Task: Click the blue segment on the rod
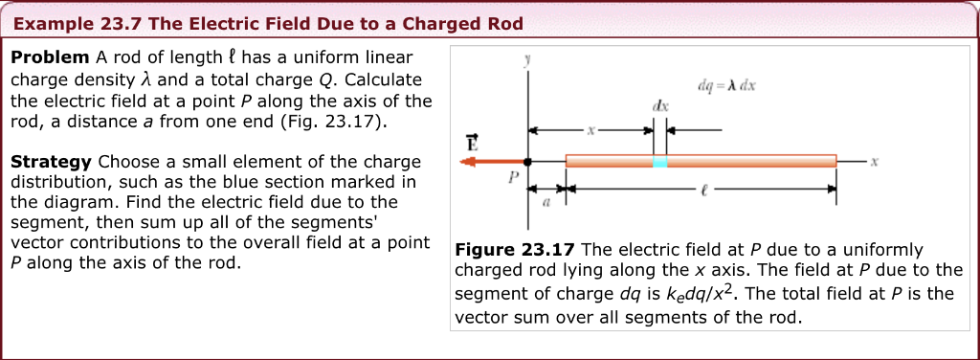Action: coord(659,162)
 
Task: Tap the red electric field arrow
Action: coord(493,162)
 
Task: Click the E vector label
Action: coord(471,144)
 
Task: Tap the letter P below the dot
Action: coord(513,177)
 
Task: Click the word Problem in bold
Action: coord(50,57)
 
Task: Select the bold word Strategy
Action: coord(52,162)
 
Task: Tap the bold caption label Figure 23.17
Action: coord(517,249)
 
